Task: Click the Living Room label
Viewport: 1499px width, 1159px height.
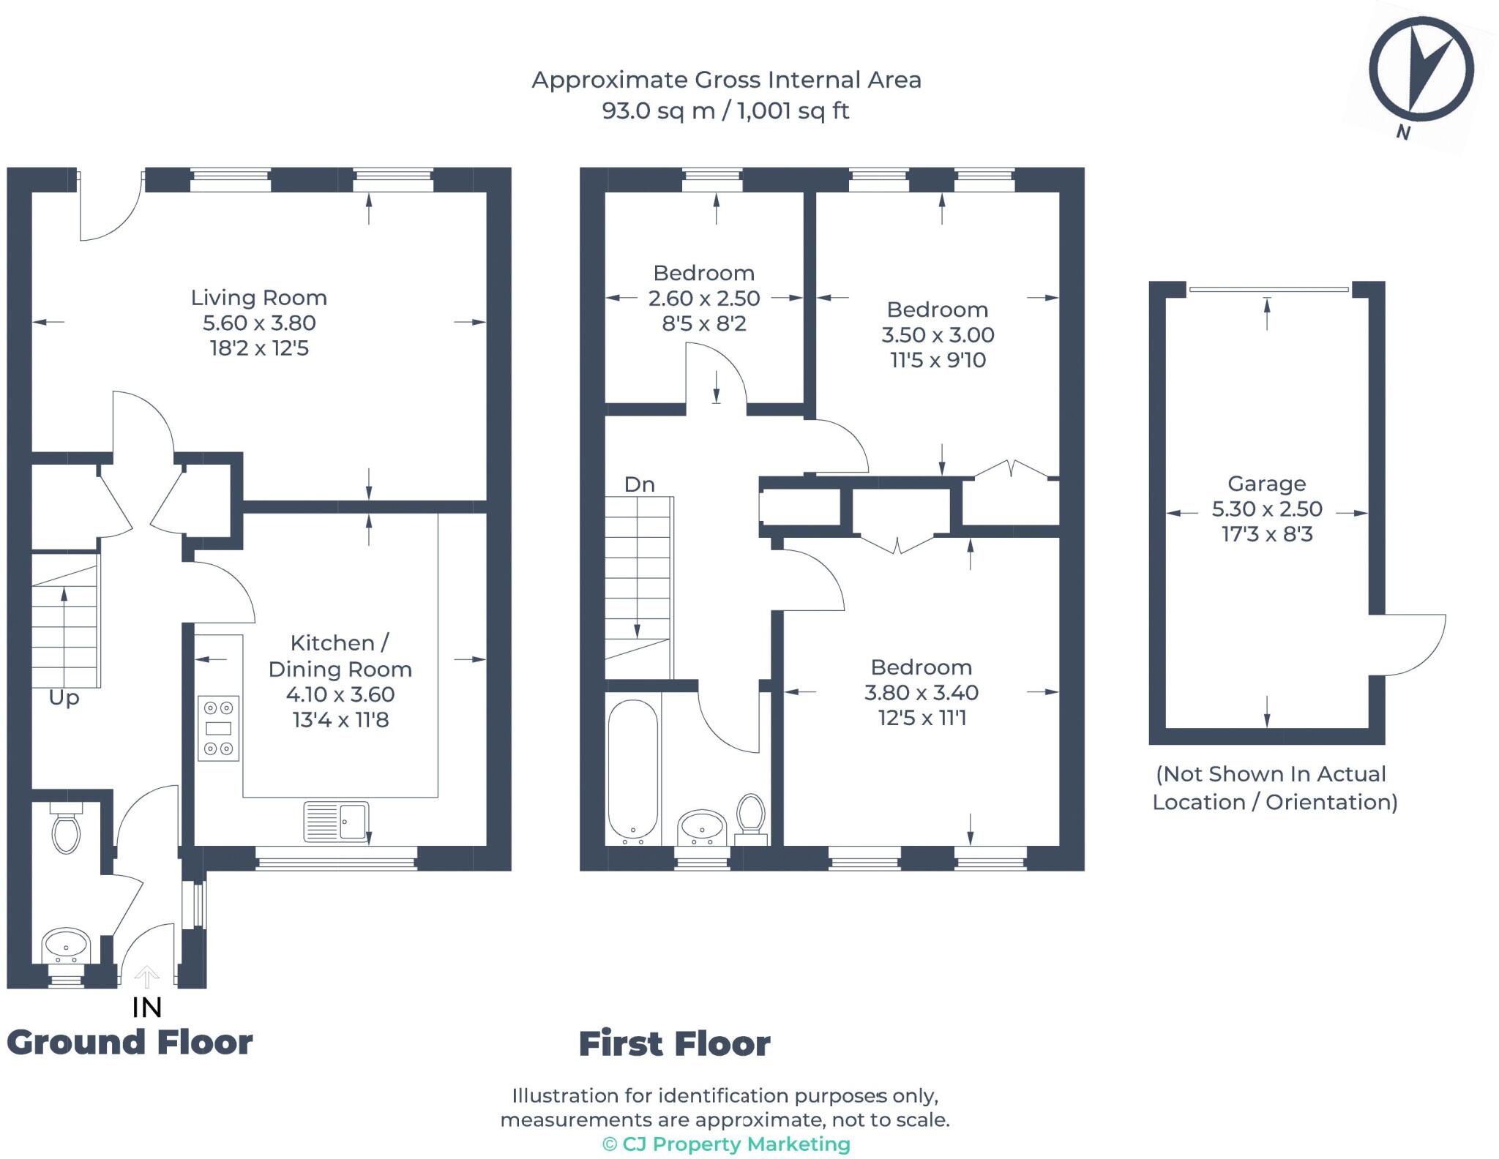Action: click(x=258, y=298)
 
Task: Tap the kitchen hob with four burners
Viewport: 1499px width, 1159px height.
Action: click(x=219, y=728)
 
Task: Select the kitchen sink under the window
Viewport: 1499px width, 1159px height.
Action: click(x=336, y=821)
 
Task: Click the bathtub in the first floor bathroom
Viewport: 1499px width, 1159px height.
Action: click(x=633, y=769)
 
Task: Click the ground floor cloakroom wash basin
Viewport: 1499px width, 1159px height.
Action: click(x=66, y=947)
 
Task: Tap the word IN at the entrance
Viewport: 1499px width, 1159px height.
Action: click(x=146, y=1008)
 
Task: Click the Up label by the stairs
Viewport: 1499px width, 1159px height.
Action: click(x=64, y=698)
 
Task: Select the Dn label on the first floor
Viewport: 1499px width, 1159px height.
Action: click(x=639, y=484)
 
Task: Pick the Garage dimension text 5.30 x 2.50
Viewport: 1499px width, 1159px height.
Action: click(x=1267, y=509)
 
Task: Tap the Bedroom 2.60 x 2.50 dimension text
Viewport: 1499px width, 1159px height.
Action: click(x=703, y=299)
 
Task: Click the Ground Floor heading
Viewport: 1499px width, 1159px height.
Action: click(x=130, y=1043)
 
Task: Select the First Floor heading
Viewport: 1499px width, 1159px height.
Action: click(x=674, y=1044)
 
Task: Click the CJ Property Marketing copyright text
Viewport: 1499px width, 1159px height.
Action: click(x=726, y=1144)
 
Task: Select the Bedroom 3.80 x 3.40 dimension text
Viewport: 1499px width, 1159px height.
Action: click(x=922, y=693)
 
